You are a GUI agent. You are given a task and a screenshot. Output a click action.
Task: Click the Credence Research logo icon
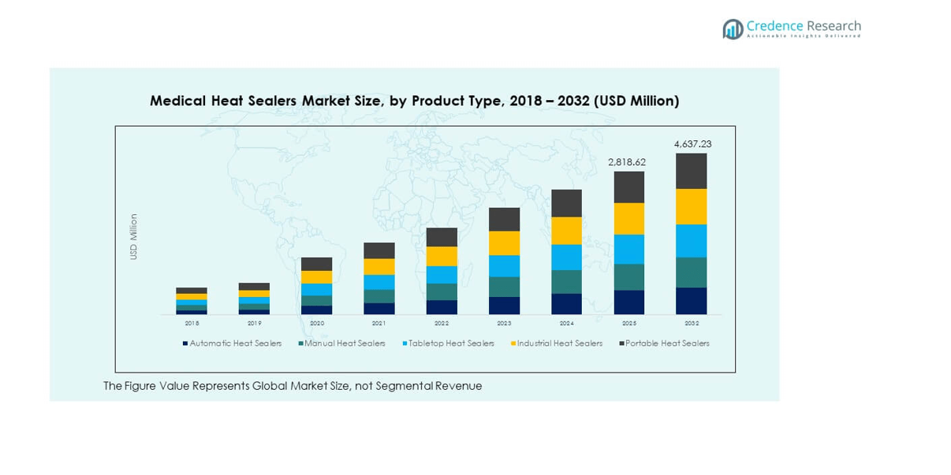tap(733, 29)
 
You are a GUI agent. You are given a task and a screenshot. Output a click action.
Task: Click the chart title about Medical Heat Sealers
tap(414, 101)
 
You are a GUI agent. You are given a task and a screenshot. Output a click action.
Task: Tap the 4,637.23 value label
tap(692, 144)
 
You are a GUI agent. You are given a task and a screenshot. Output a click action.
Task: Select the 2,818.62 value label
tap(627, 162)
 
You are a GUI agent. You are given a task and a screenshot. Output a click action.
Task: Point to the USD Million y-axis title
tap(134, 236)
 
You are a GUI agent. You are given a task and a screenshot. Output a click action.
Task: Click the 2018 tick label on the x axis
tap(192, 323)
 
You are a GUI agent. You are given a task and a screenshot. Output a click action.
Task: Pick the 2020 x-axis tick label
tap(317, 323)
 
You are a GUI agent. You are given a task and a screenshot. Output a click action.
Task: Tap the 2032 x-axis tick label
tap(691, 323)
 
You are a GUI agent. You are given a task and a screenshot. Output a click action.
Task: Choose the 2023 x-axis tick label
tap(504, 323)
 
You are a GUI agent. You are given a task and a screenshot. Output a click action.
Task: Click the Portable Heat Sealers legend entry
tap(667, 343)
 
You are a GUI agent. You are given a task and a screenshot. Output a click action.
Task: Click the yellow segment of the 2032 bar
tap(691, 206)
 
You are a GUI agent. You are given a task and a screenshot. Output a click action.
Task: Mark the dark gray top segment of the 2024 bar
tap(566, 203)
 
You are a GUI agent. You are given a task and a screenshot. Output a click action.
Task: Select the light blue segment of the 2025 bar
tap(628, 249)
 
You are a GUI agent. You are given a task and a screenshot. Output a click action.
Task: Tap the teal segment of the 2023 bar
tap(504, 287)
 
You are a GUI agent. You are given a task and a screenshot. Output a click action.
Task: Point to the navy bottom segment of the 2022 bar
tap(442, 307)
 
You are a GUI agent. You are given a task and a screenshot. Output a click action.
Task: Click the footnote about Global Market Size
tap(293, 386)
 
